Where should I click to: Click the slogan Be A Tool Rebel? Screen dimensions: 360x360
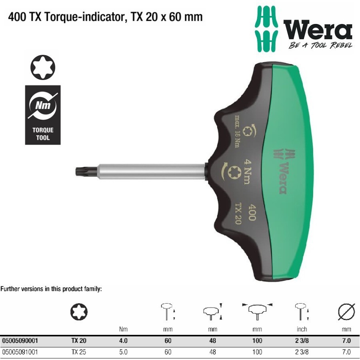[320, 45]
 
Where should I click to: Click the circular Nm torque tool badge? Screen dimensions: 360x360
[42, 106]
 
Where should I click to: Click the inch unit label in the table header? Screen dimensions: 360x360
[302, 329]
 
